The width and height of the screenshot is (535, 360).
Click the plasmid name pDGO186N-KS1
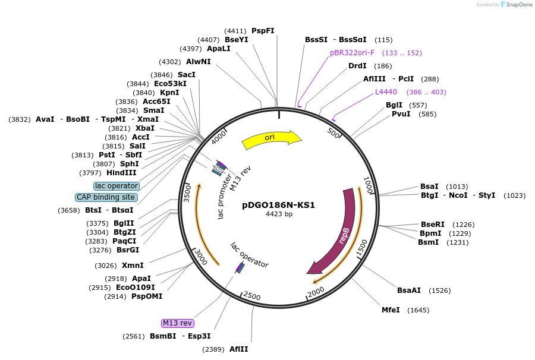(279, 205)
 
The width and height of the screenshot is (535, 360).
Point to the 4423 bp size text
(279, 214)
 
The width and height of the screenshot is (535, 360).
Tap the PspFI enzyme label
(263, 31)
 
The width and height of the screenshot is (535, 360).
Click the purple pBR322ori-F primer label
(353, 53)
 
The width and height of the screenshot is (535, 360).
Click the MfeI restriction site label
(391, 310)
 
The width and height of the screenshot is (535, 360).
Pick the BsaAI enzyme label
(409, 290)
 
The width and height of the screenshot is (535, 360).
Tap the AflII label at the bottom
(239, 349)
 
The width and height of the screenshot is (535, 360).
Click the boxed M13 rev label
(178, 323)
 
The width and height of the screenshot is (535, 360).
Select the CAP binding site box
(106, 197)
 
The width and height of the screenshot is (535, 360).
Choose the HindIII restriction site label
(121, 173)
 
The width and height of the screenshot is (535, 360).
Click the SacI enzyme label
(187, 75)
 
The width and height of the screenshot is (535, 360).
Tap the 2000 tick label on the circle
(316, 289)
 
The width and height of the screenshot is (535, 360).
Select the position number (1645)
(418, 310)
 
